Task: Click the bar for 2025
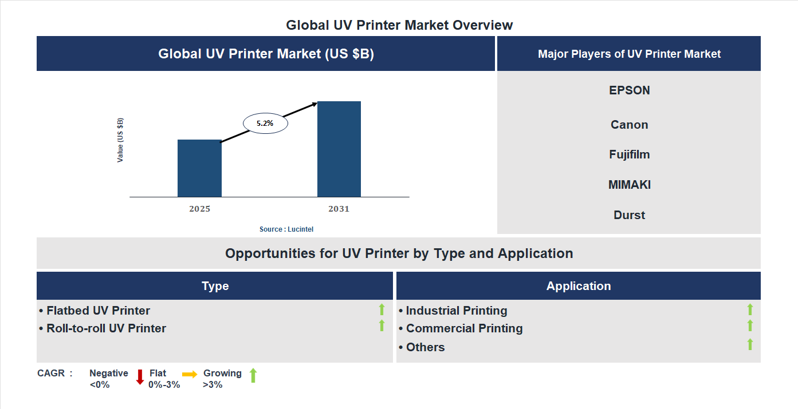(199, 168)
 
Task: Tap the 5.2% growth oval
(265, 123)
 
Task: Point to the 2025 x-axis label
(199, 209)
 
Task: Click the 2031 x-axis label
(339, 209)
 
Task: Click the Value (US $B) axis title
(120, 140)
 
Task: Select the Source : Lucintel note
(286, 229)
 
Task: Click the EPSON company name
(629, 90)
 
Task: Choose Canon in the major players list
(629, 125)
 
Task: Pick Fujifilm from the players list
(629, 154)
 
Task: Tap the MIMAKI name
(629, 185)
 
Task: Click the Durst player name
(629, 215)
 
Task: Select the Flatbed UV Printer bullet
(98, 311)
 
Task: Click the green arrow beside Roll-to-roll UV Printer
(382, 326)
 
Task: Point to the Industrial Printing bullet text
(456, 311)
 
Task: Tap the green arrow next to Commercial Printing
(750, 326)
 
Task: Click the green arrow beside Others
(750, 344)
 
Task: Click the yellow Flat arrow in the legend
(190, 374)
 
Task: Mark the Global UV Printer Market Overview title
(399, 25)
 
